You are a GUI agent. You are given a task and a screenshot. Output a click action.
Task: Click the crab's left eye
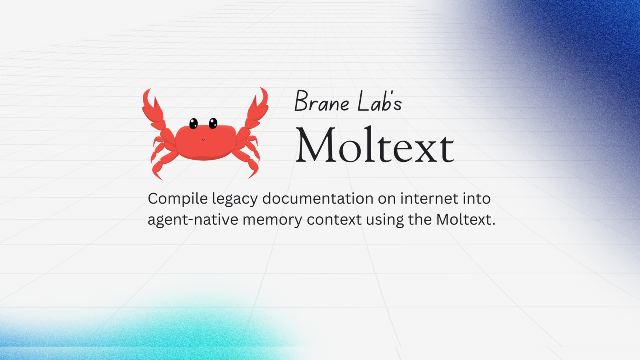coord(194,124)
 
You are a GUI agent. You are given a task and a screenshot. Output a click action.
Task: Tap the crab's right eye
coord(213,123)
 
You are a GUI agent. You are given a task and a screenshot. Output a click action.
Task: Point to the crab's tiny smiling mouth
coord(204,140)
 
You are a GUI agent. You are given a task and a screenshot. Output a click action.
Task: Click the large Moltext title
coord(374,145)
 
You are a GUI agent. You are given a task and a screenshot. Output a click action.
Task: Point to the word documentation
coord(318,198)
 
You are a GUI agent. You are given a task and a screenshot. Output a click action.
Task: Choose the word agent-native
coord(193,220)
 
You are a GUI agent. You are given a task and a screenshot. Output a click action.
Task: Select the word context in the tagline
coord(334,220)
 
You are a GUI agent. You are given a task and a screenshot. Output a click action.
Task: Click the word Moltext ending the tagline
coord(466,220)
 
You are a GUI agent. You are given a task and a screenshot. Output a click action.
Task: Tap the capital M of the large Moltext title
coord(316,144)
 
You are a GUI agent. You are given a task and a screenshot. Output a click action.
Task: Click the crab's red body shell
coord(206,142)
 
